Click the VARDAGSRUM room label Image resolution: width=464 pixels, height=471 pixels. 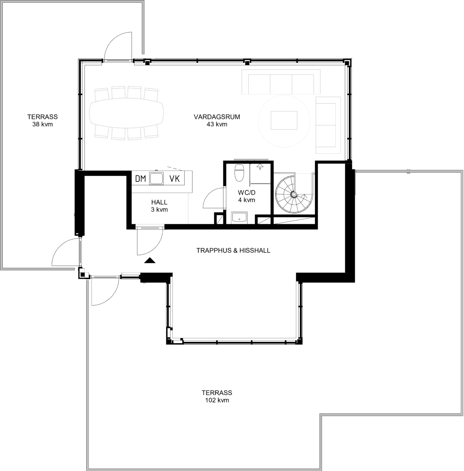217,117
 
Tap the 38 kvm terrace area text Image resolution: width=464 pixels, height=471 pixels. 43,124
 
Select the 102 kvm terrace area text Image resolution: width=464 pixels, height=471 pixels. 217,400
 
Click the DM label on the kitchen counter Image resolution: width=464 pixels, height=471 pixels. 140,179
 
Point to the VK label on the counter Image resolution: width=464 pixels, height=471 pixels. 175,179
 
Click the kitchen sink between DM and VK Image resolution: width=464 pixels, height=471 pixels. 156,178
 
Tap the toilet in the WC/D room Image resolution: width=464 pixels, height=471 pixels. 239,172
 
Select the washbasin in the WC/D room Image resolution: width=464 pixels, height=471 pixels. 239,217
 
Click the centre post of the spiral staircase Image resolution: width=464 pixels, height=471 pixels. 294,195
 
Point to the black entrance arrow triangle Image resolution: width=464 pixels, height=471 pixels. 150,261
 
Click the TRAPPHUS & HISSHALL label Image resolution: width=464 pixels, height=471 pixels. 233,250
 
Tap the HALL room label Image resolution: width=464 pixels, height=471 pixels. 159,202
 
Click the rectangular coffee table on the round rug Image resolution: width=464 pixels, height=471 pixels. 284,120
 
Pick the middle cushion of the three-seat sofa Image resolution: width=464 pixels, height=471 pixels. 281,84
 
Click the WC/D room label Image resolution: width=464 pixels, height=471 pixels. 247,193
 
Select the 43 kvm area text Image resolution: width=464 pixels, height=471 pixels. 217,124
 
